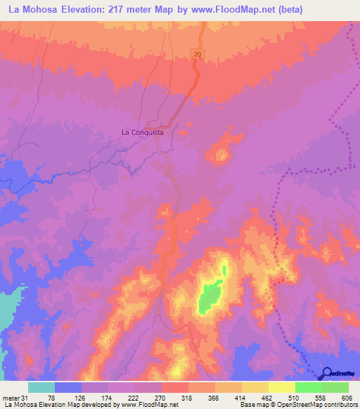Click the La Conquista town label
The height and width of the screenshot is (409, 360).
[x=143, y=131]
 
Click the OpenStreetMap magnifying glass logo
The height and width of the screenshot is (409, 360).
[x=327, y=373]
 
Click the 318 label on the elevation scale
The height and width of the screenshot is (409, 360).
[x=188, y=398]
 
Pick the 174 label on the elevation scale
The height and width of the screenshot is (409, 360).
[x=108, y=398]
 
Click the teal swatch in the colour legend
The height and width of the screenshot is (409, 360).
[x=41, y=387]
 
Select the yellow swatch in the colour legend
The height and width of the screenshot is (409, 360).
[x=281, y=387]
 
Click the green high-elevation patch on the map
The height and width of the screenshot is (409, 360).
[x=209, y=297]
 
